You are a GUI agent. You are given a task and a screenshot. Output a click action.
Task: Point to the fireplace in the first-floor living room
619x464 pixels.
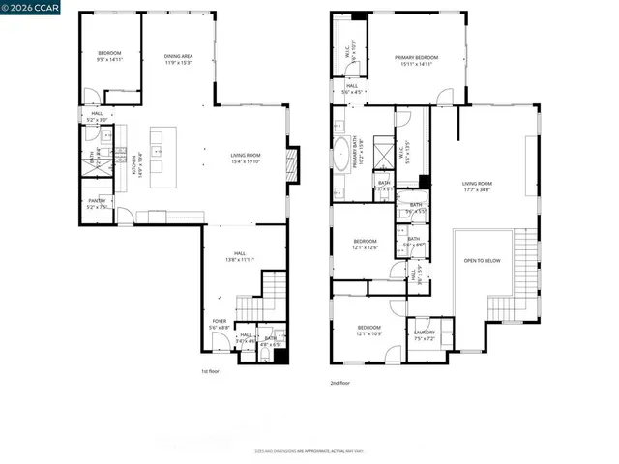(294, 159)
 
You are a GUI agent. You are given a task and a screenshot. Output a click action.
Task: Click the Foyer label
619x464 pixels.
(221, 325)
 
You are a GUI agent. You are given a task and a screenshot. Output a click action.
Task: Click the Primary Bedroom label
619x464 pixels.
(417, 61)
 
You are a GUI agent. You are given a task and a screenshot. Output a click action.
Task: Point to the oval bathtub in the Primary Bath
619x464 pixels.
(343, 156)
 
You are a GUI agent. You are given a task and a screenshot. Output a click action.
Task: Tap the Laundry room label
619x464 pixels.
(425, 334)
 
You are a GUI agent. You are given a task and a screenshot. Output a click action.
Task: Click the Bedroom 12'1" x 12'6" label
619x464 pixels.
(365, 244)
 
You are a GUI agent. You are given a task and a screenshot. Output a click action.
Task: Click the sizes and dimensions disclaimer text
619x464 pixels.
(309, 451)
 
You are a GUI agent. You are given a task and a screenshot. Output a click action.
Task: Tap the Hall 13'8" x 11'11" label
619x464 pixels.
(241, 257)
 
